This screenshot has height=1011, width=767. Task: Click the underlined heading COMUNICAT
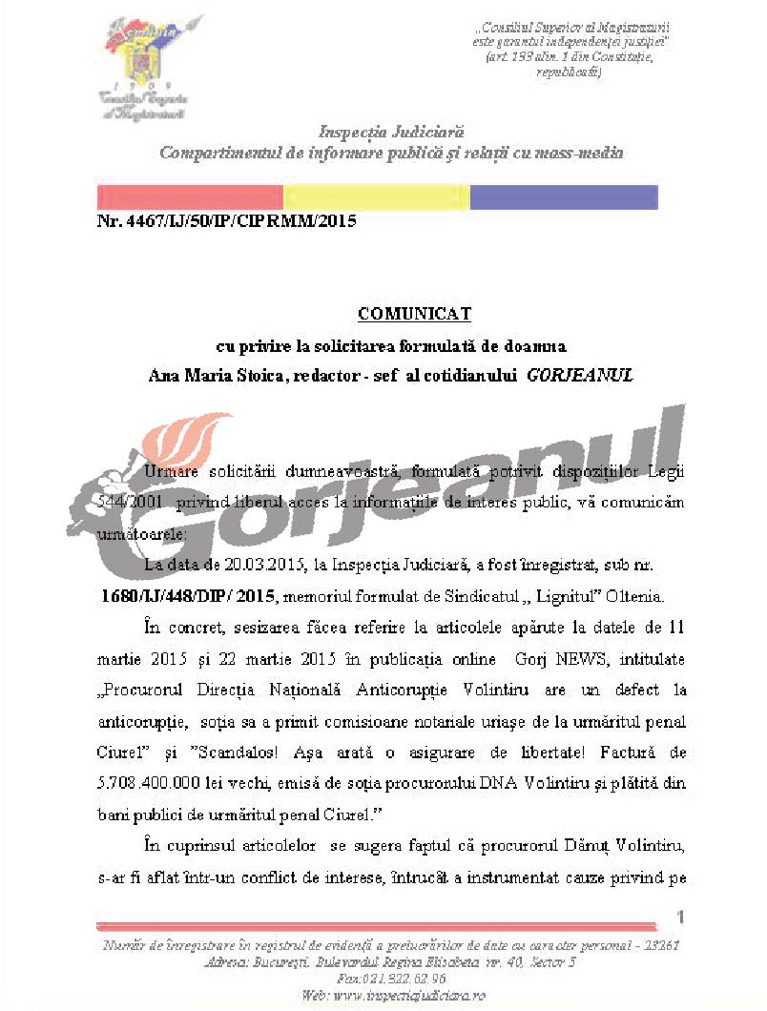pyautogui.click(x=415, y=313)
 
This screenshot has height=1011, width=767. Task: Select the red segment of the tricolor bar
pyautogui.click(x=191, y=197)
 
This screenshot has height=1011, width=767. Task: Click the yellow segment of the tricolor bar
pyautogui.click(x=377, y=197)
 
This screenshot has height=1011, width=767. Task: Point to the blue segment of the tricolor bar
pyautogui.click(x=564, y=197)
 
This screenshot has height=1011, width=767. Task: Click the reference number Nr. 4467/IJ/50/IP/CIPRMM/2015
pyautogui.click(x=226, y=222)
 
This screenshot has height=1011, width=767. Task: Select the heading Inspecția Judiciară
pyautogui.click(x=391, y=132)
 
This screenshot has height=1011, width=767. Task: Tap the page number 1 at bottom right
pyautogui.click(x=681, y=917)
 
